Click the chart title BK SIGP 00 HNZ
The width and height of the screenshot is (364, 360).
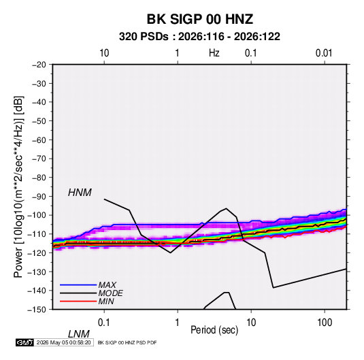tap(199, 19)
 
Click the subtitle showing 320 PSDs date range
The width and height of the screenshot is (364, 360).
tap(199, 37)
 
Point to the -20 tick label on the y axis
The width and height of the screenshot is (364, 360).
tap(39, 65)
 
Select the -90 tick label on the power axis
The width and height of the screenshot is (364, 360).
tap(39, 197)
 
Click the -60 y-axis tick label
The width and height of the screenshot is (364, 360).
tap(39, 140)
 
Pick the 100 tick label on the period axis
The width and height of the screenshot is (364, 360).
tap(325, 323)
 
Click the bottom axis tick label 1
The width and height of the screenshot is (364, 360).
tap(178, 323)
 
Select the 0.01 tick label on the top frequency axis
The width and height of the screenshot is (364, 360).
tap(324, 53)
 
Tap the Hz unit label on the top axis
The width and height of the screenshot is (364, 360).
tap(214, 53)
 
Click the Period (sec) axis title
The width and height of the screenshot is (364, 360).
tap(214, 330)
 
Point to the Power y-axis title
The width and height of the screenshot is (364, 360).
tap(18, 186)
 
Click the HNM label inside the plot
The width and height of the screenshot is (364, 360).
tap(80, 193)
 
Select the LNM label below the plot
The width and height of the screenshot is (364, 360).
tap(78, 334)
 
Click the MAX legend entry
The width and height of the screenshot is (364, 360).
tap(107, 285)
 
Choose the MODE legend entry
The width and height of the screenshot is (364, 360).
tap(110, 293)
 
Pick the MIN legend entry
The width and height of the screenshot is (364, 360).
tap(106, 301)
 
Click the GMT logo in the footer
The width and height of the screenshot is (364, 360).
tap(25, 342)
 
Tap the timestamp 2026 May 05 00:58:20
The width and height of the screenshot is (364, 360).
tap(63, 342)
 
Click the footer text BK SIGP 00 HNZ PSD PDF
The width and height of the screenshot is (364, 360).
tap(127, 342)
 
